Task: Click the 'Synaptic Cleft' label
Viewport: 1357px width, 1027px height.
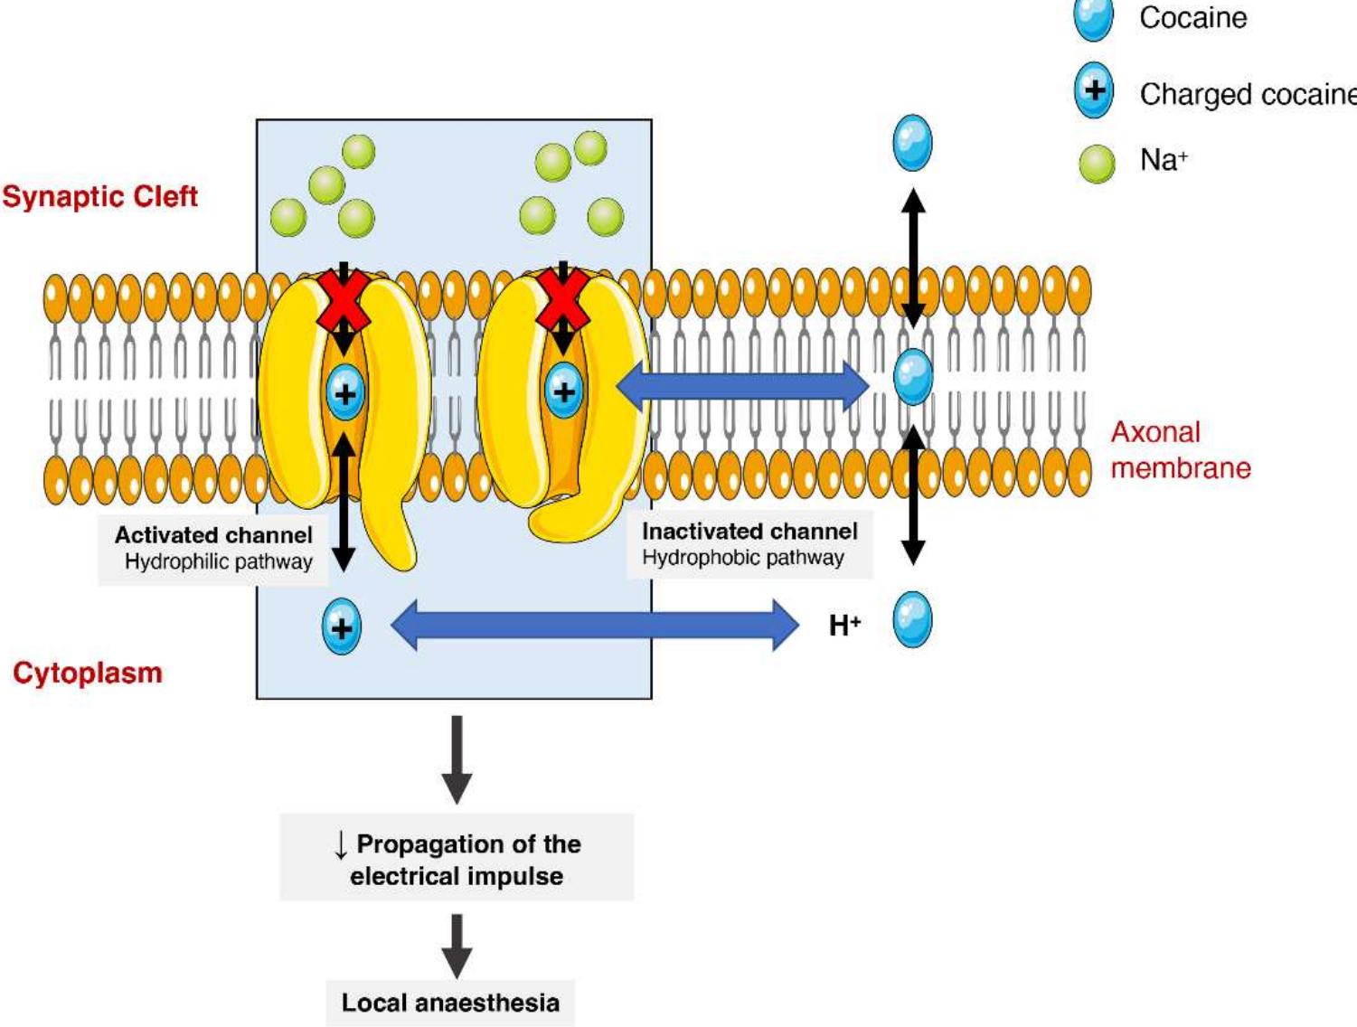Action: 99,196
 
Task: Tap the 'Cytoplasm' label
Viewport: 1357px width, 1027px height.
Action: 88,673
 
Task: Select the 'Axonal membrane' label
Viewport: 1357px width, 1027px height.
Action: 1180,449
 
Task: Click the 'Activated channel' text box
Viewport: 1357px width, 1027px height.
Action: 213,548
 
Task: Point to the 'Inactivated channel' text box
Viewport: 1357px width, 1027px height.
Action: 749,544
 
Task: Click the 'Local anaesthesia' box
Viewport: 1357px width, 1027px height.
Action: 450,1003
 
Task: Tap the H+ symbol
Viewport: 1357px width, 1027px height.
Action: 844,625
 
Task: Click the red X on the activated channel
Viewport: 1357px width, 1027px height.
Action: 343,301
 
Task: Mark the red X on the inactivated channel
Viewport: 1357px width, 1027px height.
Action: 562,299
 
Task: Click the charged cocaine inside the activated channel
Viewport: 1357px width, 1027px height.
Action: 344,393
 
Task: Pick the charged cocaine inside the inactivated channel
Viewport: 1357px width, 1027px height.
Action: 564,391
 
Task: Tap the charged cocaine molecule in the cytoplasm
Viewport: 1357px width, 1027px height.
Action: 342,627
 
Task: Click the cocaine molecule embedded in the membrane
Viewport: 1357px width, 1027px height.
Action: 913,376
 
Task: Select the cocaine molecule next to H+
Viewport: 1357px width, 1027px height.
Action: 912,620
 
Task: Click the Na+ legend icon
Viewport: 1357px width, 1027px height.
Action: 1097,164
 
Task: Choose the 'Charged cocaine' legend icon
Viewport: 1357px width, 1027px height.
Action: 1094,90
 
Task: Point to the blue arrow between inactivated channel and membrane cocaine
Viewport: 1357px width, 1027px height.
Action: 741,387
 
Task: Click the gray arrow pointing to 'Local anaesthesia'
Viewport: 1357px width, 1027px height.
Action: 457,945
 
